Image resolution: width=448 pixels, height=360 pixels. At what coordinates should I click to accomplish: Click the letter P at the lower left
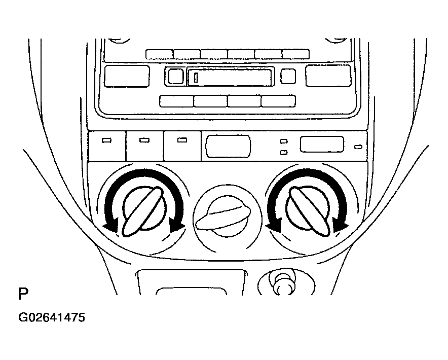click(23, 294)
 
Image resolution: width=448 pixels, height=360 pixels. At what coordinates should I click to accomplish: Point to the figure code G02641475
click(52, 318)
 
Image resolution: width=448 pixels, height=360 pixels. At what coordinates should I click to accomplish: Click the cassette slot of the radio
click(230, 77)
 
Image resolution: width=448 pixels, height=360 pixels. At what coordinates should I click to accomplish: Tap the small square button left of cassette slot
click(176, 77)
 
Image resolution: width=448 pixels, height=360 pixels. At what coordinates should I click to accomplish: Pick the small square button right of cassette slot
click(288, 76)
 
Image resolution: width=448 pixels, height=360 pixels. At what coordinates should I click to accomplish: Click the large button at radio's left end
click(127, 76)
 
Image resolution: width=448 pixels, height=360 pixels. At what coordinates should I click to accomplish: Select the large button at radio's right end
click(328, 76)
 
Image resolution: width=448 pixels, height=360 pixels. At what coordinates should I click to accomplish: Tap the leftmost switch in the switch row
click(107, 146)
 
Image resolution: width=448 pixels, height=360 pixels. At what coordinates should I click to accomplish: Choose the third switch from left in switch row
click(182, 146)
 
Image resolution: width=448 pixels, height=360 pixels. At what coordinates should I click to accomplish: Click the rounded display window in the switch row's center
click(228, 147)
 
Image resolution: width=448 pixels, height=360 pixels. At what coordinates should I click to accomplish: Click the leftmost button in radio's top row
click(159, 54)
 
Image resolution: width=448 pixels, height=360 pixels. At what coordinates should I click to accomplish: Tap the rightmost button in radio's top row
click(296, 54)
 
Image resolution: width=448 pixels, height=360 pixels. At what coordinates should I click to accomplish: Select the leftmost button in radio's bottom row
click(176, 101)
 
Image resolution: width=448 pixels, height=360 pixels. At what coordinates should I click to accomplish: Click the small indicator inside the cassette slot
click(196, 78)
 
